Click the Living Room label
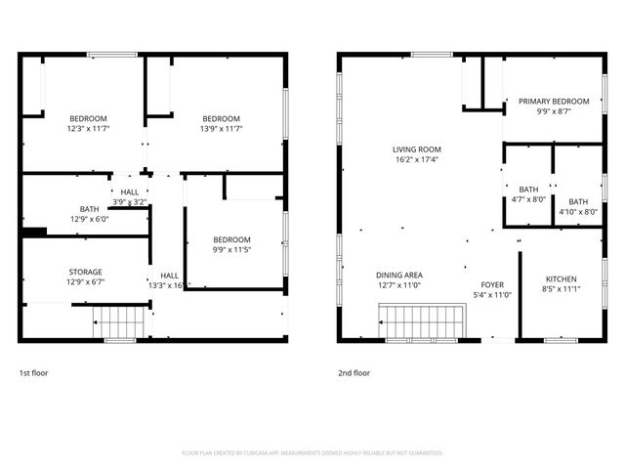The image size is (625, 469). pos(417,149)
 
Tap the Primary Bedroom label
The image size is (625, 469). pos(554,101)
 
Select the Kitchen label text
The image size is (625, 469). pos(561,278)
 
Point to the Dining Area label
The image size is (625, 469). pos(398,276)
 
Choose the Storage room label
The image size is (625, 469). pos(85,272)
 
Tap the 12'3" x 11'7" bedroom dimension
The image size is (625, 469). pos(87,128)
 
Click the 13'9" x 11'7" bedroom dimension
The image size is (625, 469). pos(221,128)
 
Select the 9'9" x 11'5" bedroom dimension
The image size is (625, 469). pos(232,249)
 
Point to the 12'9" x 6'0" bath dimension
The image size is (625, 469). pos(89,219)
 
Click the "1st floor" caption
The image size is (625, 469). pos(33,373)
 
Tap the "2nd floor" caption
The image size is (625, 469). pos(354,373)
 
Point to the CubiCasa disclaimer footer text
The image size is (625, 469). pos(312,453)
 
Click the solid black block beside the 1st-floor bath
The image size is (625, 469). pos(34,232)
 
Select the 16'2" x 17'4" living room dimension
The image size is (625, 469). pos(417,159)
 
